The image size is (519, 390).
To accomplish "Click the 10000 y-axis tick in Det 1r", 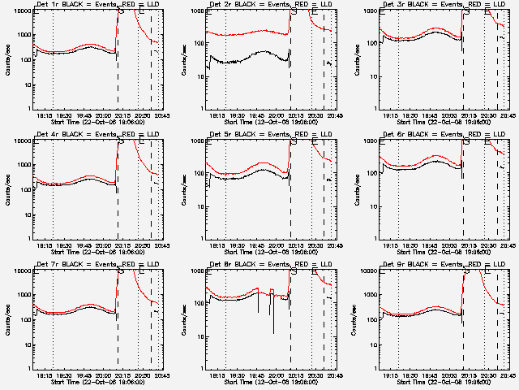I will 22,11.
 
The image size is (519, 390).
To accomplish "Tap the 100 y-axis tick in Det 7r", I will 24,319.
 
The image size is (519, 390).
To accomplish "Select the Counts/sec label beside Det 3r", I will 354,58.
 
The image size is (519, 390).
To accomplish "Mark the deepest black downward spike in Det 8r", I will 273,332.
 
